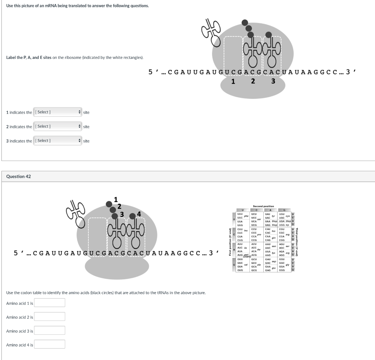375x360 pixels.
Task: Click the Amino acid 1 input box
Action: pos(49,303)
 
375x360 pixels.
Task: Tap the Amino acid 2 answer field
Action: pos(49,316)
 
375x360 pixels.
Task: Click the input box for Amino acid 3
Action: pos(49,330)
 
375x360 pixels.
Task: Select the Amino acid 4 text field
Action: pos(49,344)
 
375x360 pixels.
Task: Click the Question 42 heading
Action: pos(19,176)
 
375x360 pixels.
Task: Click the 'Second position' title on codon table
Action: pos(263,206)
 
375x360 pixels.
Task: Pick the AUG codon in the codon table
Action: pos(240,255)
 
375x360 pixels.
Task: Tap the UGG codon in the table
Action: pos(282,225)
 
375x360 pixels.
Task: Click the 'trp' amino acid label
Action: pos(288,225)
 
